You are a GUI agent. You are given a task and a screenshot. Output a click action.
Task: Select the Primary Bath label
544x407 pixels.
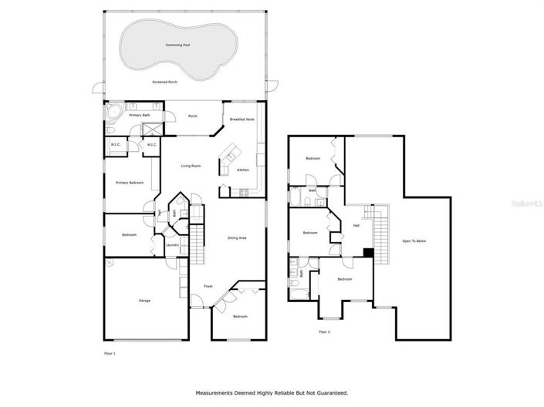(140, 115)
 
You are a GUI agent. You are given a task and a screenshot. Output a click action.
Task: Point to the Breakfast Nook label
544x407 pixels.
(242, 119)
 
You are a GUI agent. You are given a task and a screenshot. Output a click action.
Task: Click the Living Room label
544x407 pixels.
(191, 166)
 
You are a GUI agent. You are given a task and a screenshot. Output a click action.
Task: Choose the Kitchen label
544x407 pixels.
(242, 170)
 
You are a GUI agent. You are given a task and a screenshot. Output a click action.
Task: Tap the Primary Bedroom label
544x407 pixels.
(130, 183)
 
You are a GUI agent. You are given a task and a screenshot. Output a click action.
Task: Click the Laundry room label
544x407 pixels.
(172, 245)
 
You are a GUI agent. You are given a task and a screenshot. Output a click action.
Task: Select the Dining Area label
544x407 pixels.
(237, 238)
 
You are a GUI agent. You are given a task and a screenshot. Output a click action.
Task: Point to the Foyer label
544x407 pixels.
(208, 286)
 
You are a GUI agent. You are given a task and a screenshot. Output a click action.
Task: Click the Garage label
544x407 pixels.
(144, 300)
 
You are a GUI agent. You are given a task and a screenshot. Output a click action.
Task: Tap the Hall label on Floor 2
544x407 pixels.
(356, 226)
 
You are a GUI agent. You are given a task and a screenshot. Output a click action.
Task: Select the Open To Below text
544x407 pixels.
(414, 241)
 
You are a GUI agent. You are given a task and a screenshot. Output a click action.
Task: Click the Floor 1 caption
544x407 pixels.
(110, 352)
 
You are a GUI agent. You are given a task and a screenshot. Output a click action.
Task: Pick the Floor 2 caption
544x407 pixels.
(324, 331)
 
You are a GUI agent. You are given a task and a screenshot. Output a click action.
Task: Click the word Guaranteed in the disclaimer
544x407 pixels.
(330, 393)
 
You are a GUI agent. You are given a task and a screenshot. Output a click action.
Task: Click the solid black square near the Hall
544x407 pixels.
(368, 251)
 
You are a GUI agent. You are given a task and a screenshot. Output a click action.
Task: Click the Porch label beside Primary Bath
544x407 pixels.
(193, 116)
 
